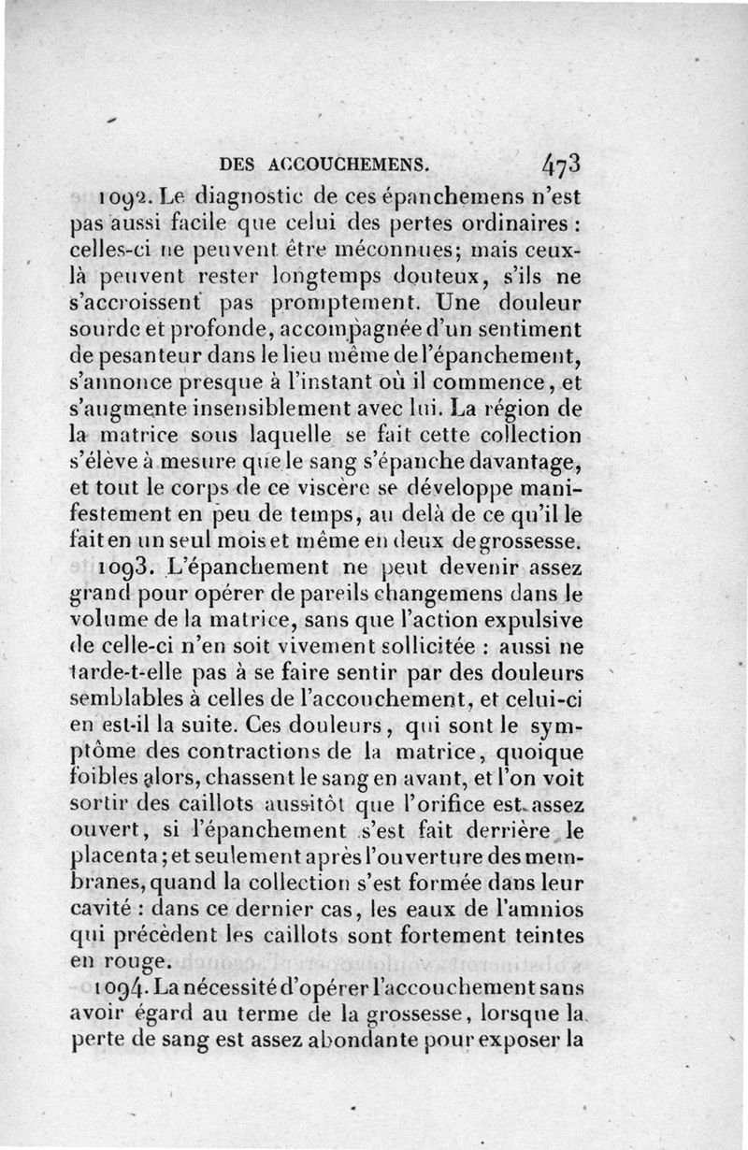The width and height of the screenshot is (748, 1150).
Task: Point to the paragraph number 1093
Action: click(x=128, y=568)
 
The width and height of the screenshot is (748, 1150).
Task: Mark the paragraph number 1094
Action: click(x=128, y=987)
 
